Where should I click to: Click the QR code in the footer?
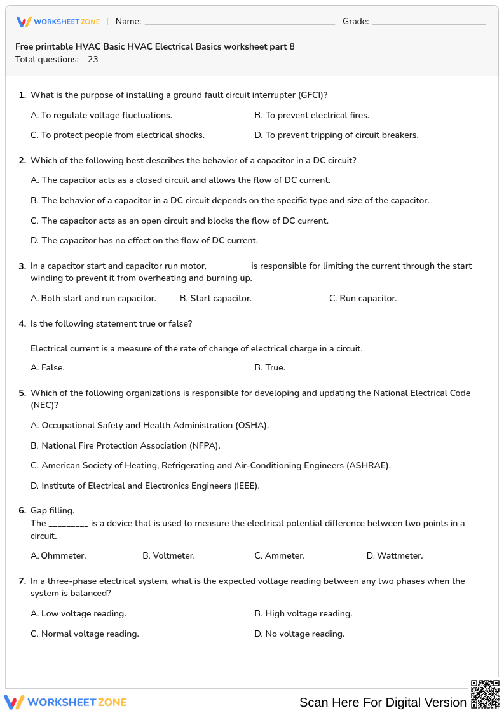click(x=485, y=694)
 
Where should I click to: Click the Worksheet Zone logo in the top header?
click(x=58, y=22)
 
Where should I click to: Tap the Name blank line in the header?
click(x=240, y=22)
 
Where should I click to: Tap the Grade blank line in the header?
click(x=428, y=22)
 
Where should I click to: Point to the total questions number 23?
click(x=93, y=59)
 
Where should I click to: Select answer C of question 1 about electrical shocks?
click(x=118, y=135)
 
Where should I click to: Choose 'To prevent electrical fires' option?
click(x=311, y=115)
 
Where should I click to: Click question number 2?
click(x=22, y=160)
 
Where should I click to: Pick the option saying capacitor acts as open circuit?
click(x=179, y=221)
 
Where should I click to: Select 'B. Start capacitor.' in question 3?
click(x=215, y=298)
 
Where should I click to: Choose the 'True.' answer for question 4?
click(x=269, y=367)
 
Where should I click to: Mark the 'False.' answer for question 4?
click(x=48, y=367)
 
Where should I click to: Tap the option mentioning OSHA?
click(x=149, y=425)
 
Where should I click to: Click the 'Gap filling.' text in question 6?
click(x=52, y=510)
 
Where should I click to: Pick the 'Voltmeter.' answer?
click(x=168, y=555)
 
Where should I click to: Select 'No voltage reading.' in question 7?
click(x=299, y=634)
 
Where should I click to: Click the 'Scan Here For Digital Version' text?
click(x=383, y=702)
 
